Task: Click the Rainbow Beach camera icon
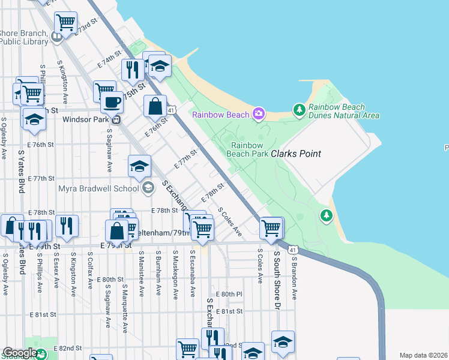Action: [259, 113]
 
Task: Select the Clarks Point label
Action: [296, 154]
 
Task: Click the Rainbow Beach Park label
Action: [247, 149]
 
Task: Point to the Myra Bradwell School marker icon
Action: [147, 188]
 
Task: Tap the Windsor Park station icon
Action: [118, 119]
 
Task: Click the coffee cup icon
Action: [112, 103]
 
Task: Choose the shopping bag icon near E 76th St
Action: [155, 106]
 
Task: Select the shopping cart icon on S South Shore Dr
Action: [271, 228]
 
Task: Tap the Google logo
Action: [19, 353]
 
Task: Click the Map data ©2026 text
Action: [423, 355]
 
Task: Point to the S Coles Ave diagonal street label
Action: [230, 222]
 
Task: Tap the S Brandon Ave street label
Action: [295, 275]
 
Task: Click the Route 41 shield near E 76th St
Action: [172, 110]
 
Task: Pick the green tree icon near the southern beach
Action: [326, 215]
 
